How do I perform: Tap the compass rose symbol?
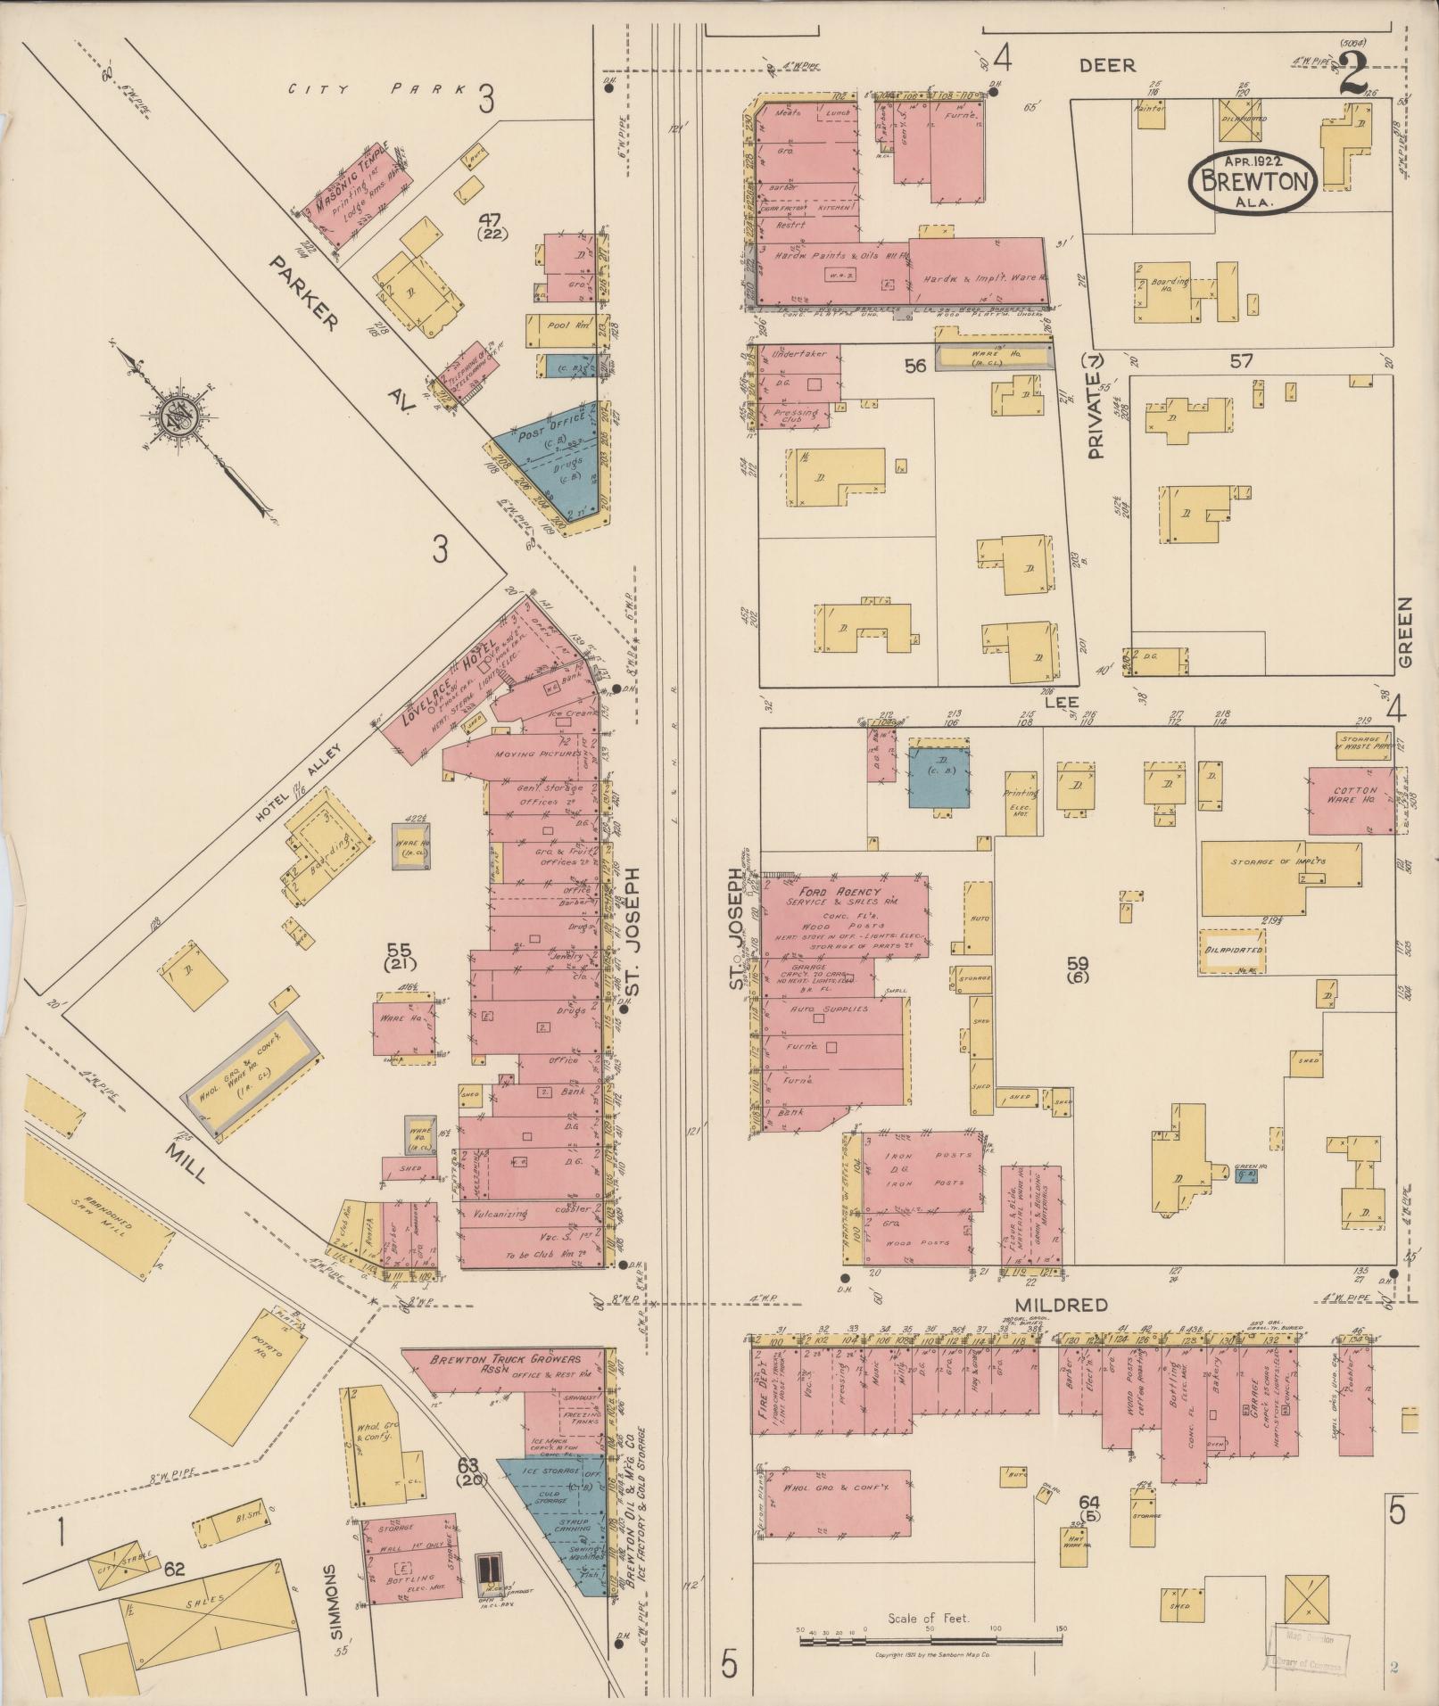coord(174,416)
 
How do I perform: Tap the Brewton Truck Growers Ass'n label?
coord(505,1365)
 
